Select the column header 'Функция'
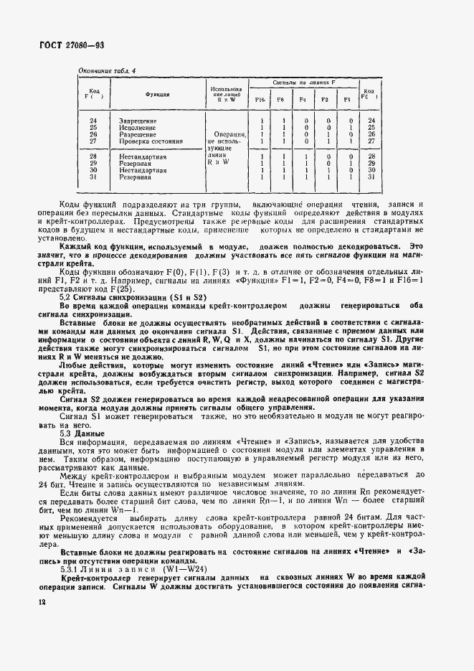click(x=157, y=94)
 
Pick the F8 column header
click(x=283, y=99)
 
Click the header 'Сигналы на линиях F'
click(x=303, y=83)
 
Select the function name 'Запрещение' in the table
click(x=137, y=121)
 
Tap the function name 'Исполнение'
click(x=136, y=127)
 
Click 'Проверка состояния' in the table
click(x=151, y=141)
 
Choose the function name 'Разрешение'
click(x=137, y=134)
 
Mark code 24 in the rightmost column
click(x=371, y=121)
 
